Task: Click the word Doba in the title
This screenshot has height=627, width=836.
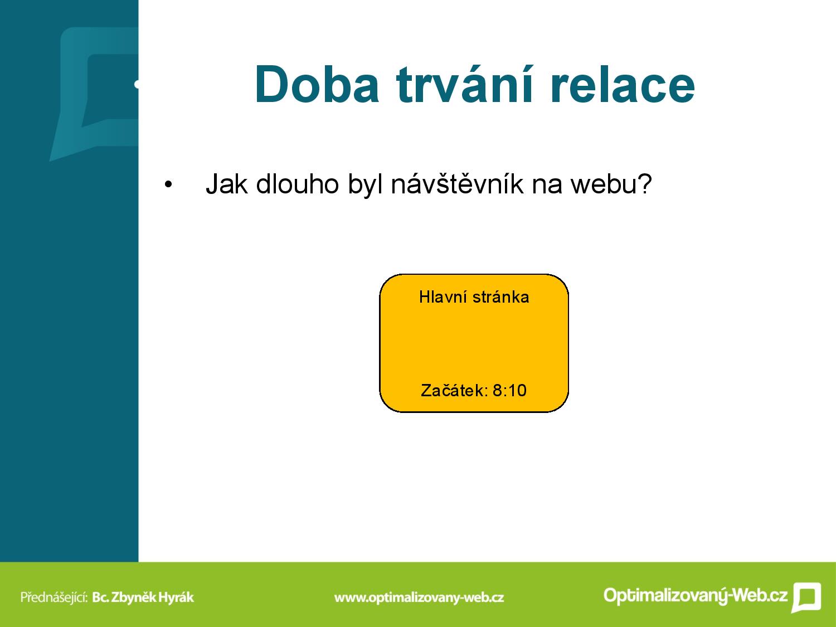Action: click(317, 85)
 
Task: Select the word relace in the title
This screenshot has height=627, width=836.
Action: click(623, 85)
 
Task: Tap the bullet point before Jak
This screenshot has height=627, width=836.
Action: click(168, 185)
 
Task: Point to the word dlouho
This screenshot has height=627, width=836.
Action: click(298, 184)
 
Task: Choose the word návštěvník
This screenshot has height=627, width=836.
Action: click(457, 183)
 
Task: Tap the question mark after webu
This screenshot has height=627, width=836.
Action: click(644, 183)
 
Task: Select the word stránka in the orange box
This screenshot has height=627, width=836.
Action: click(501, 297)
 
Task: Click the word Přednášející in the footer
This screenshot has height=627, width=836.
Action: click(54, 597)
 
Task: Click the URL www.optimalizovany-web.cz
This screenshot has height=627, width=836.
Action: click(419, 597)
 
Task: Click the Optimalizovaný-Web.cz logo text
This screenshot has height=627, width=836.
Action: click(696, 595)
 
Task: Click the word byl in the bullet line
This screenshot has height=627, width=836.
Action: click(365, 184)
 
